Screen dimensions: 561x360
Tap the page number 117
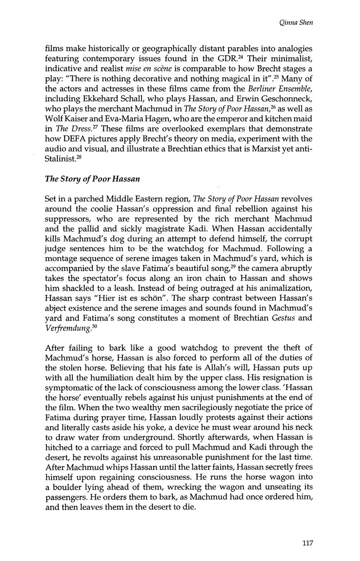click(x=308, y=543)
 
